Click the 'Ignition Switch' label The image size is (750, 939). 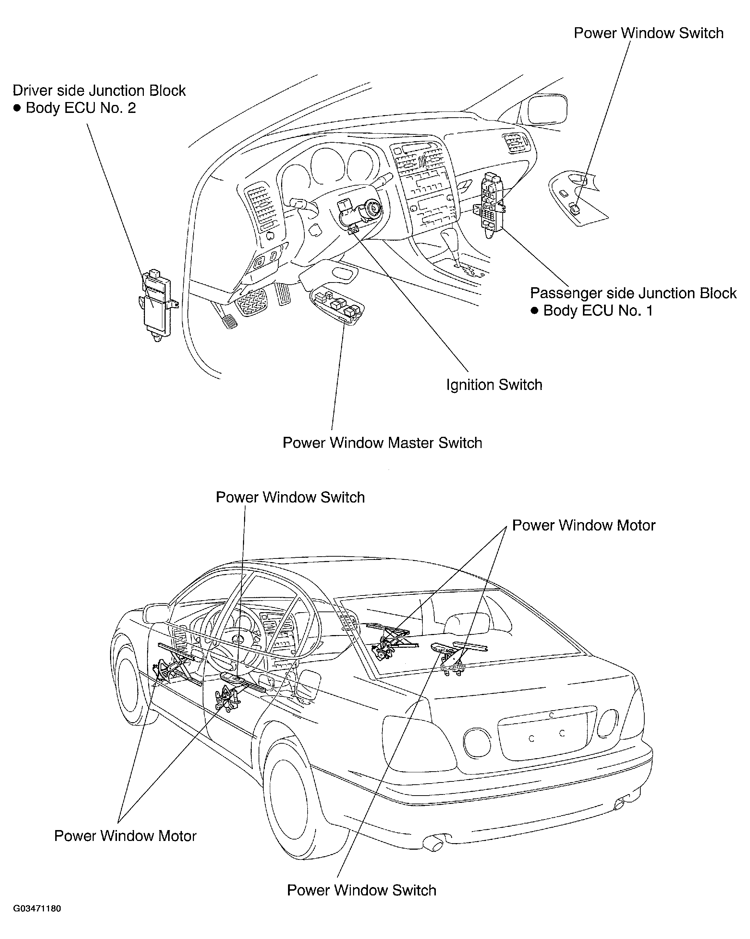coord(494,385)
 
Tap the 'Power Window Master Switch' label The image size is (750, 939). coord(382,443)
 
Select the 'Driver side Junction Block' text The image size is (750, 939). coord(99,90)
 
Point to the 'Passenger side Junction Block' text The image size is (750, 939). coord(633,293)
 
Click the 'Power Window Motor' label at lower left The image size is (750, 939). coord(125,836)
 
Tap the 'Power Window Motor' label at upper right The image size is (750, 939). coord(584,525)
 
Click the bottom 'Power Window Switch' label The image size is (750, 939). coord(361,890)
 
